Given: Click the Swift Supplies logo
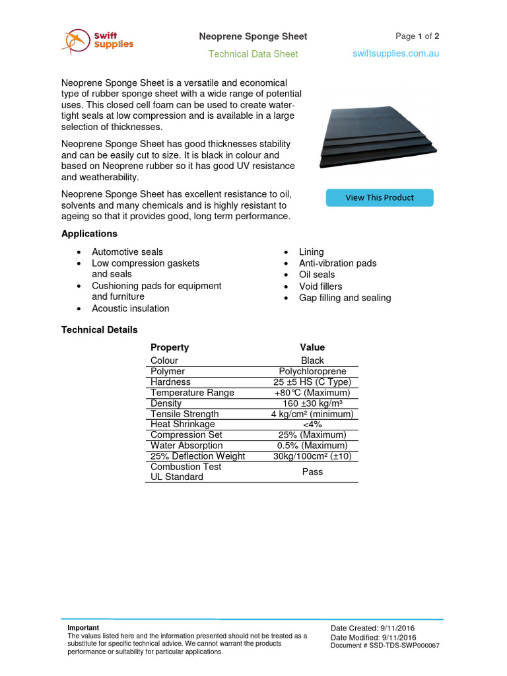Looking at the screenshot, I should tap(97, 41).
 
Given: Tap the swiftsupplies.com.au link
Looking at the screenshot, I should tap(395, 53).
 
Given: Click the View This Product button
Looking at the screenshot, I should tap(380, 197).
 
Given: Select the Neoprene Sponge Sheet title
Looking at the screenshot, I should tap(253, 36).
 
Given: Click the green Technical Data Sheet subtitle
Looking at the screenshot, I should tap(253, 54).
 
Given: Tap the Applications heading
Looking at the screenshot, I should tap(89, 234).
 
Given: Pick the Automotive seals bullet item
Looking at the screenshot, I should tap(127, 252).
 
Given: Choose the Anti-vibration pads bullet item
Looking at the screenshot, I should tap(337, 263).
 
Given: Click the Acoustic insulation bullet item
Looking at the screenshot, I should tap(130, 308).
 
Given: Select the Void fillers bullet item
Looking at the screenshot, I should tap(320, 287).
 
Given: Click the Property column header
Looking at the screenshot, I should tap(170, 347).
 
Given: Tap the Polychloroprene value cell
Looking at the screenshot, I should tap(312, 372).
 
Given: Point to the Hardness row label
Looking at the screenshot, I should tap(170, 382).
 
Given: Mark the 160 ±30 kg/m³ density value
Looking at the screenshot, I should tap(312, 403).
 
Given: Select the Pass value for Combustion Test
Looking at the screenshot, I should tap(312, 472).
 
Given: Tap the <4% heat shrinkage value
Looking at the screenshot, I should tap(312, 424).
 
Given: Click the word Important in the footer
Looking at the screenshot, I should tap(83, 628).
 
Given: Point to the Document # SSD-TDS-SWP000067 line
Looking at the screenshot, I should tap(385, 646).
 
